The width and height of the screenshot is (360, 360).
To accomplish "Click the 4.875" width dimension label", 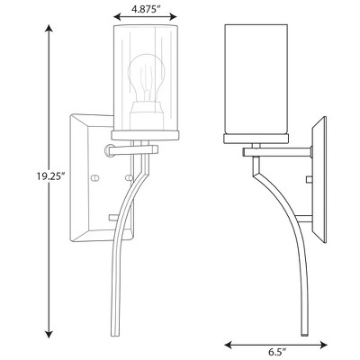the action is (x=145, y=9).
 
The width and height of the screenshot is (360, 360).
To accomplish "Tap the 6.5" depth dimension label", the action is (x=276, y=350).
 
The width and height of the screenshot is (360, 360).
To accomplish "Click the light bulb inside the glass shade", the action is (x=147, y=78).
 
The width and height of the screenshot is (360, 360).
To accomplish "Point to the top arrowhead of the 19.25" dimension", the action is (x=49, y=29).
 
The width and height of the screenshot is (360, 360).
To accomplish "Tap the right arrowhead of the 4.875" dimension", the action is (x=173, y=16).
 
